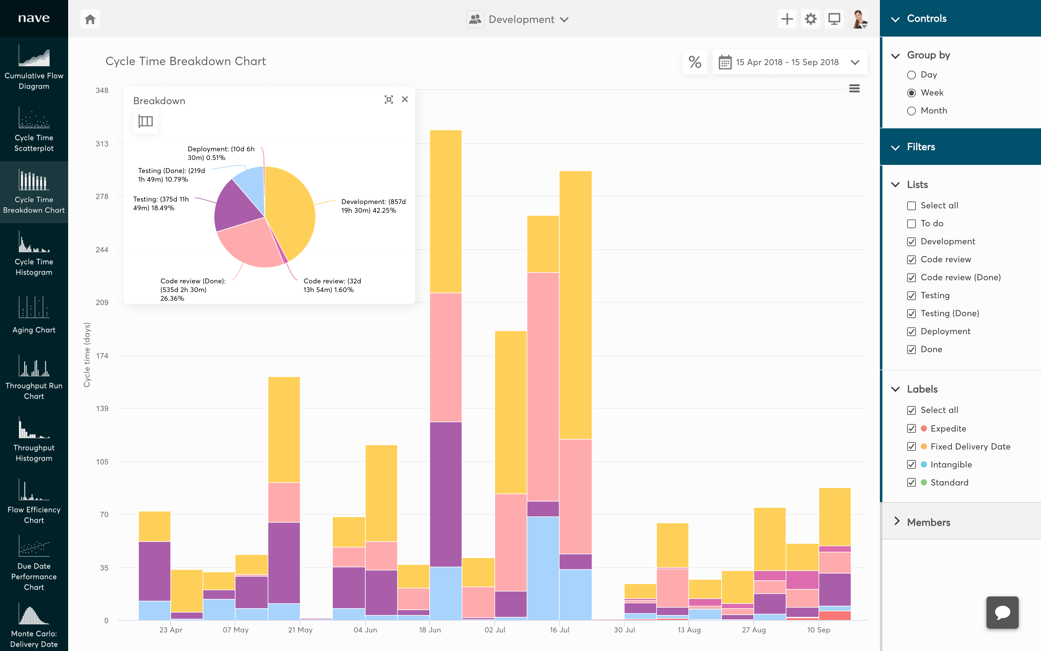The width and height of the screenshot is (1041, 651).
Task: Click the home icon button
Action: [90, 19]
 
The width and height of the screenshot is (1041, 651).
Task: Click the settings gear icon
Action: [810, 19]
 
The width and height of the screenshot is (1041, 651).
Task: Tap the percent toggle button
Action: [695, 62]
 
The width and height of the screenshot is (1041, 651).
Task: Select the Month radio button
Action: [911, 111]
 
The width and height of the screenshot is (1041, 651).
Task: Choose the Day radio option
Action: [911, 75]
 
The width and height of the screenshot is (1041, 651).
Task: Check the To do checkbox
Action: [911, 224]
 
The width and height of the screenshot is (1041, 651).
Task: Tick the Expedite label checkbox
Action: [911, 428]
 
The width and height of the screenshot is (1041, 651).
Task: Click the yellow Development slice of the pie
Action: [292, 207]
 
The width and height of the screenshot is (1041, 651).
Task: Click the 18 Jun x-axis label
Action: [430, 630]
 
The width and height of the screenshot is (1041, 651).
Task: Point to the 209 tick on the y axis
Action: [102, 303]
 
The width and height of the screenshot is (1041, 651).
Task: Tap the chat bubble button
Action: [1002, 612]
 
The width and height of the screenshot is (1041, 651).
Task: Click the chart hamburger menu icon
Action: [854, 89]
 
